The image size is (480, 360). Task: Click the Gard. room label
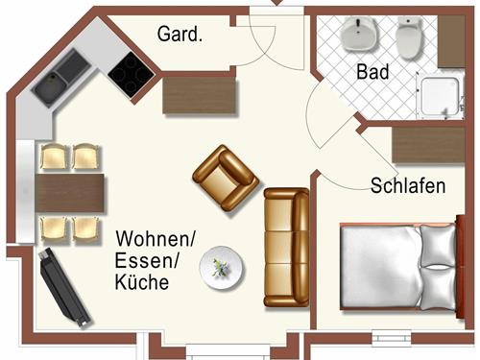tap(180, 36)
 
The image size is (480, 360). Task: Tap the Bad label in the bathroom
tap(372, 71)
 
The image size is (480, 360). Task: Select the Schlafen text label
tap(408, 186)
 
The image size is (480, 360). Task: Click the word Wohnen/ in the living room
tap(156, 237)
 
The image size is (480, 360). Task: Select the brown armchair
tap(227, 177)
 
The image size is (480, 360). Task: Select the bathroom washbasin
tap(360, 36)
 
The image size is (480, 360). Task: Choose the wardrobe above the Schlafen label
tap(429, 147)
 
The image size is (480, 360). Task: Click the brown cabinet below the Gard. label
tap(199, 95)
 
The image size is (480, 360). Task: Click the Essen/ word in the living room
tap(144, 260)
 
